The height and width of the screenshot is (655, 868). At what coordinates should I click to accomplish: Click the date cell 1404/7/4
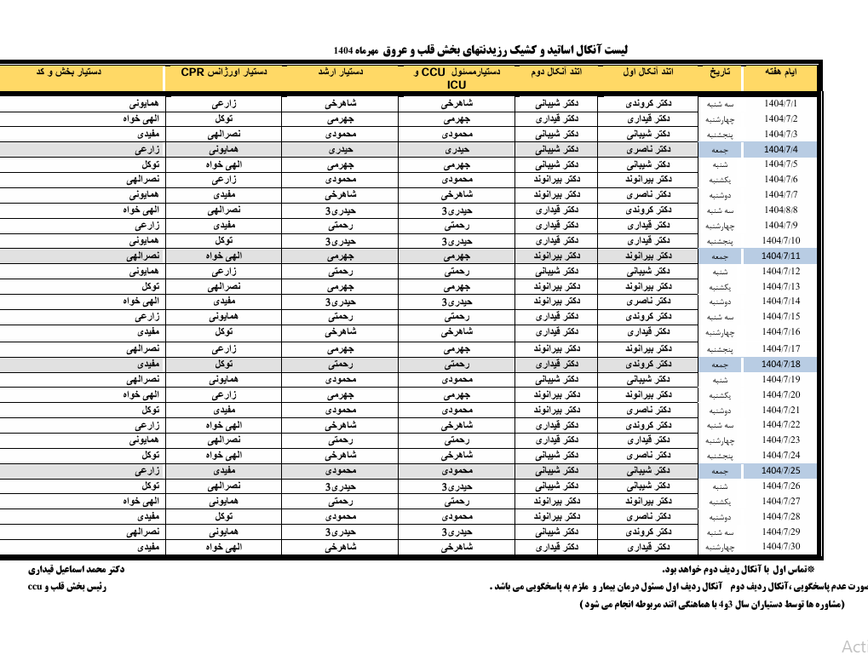(779, 149)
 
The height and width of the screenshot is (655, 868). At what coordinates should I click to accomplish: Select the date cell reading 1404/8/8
(779, 210)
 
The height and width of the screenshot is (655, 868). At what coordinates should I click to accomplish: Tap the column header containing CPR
(224, 73)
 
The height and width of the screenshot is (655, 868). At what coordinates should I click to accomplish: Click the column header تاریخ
(720, 73)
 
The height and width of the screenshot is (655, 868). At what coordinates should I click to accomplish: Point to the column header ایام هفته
(779, 73)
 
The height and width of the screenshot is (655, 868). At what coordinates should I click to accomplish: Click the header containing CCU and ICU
(456, 78)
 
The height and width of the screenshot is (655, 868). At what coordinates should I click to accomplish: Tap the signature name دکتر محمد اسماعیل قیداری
(78, 569)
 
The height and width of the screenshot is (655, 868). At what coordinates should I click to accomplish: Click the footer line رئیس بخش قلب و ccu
(67, 587)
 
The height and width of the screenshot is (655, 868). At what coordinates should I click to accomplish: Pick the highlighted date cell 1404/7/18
(779, 364)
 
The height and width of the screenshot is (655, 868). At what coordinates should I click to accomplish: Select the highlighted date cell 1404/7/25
(779, 470)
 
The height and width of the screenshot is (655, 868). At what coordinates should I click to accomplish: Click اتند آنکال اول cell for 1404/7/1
(647, 104)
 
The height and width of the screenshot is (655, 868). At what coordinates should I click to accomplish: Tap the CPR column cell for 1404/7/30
(224, 547)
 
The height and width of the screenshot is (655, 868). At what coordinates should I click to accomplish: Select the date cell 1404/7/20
(779, 394)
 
